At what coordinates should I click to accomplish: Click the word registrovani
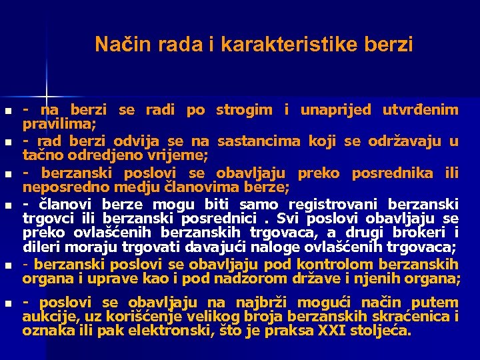click(329, 204)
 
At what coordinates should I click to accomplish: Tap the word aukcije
click(45, 317)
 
